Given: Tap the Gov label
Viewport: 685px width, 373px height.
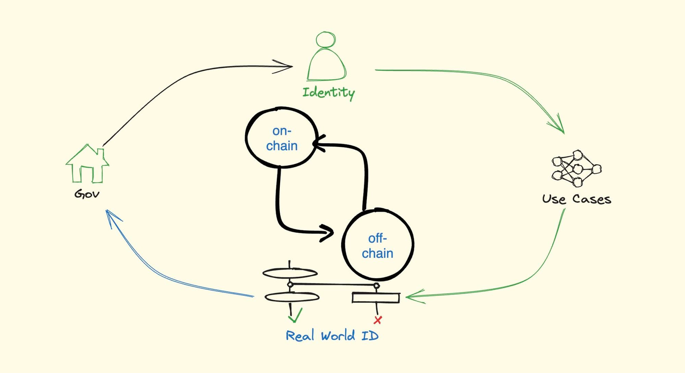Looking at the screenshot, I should (87, 194).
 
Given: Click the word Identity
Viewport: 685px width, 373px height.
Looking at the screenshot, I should (328, 92).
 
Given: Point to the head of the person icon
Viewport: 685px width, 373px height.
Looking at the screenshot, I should (326, 40).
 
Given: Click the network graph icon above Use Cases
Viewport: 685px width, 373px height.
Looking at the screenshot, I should (576, 168).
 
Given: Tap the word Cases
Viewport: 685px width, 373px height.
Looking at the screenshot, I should (591, 199).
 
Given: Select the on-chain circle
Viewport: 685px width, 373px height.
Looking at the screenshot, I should (282, 138).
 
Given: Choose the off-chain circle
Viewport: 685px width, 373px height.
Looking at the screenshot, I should (378, 245).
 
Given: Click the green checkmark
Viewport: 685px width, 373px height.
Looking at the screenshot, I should (295, 316).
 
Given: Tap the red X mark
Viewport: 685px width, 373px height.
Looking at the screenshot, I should (378, 320).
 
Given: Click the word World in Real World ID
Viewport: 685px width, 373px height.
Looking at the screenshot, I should (338, 336).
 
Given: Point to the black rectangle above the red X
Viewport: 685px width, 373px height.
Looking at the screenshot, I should (376, 297).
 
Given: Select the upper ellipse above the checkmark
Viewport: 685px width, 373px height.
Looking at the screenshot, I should (290, 273).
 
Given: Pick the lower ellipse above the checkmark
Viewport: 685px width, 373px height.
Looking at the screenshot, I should (292, 297).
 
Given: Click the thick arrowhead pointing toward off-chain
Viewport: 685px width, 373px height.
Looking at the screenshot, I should (328, 233).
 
